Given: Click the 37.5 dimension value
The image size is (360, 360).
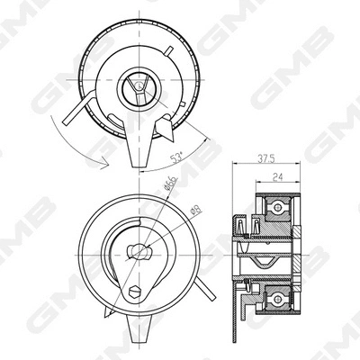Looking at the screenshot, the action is click(x=266, y=158).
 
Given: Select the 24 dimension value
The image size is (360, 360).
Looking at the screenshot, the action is click(x=278, y=177).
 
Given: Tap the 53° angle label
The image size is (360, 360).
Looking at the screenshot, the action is click(x=176, y=157).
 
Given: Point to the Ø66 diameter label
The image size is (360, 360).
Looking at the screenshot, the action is click(x=170, y=184).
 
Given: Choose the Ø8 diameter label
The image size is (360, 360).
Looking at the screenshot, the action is click(x=196, y=210).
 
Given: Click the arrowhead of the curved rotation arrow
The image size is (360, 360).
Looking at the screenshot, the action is click(x=104, y=164).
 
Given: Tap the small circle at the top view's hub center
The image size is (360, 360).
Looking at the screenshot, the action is click(x=139, y=86).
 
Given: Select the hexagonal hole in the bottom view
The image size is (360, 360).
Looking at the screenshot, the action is click(x=134, y=292).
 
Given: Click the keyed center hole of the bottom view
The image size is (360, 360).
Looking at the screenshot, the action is click(x=139, y=252).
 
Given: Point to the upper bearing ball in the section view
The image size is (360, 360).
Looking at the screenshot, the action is click(x=277, y=207).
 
